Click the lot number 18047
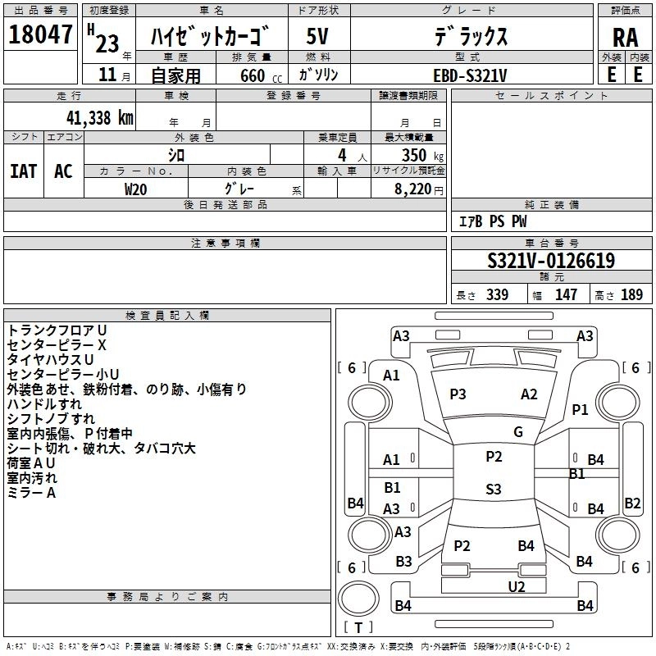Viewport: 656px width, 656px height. coord(40,34)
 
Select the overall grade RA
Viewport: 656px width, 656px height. coord(625,38)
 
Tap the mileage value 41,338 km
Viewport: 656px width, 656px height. coord(99,118)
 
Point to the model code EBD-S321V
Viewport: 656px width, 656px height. coord(470,75)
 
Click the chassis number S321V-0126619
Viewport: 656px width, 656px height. coord(551,260)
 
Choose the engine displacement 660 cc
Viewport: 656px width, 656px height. coord(261,75)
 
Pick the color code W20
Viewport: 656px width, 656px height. coord(135,189)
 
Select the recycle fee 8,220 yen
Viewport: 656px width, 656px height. coord(418,189)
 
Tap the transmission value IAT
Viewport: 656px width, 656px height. coord(23,171)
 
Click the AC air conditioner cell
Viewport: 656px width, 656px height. coord(64,171)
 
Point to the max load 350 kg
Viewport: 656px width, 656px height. coord(422,155)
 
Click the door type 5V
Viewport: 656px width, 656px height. coord(317,36)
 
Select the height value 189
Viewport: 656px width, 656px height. coord(631,294)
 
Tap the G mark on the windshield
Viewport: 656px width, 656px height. coord(518,432)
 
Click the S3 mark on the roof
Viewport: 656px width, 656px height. coord(494,489)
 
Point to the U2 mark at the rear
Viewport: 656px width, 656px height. coord(517,586)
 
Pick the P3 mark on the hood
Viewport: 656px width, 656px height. coord(458,394)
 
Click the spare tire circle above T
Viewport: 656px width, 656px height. coord(358,599)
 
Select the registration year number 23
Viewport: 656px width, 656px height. coord(107,43)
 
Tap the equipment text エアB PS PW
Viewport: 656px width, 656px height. coord(493,221)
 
